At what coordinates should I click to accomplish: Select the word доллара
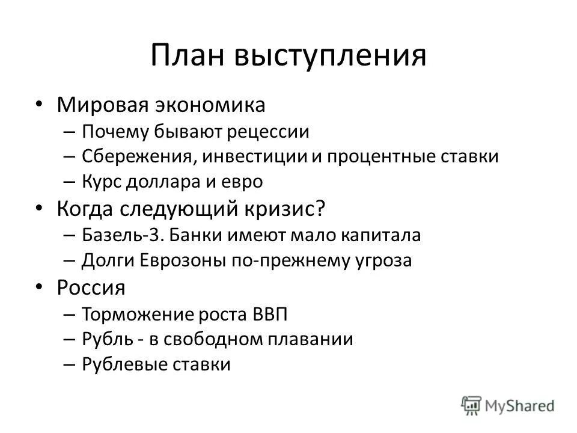(168, 182)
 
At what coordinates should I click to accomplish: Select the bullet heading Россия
(91, 287)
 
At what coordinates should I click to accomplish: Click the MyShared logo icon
(471, 404)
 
